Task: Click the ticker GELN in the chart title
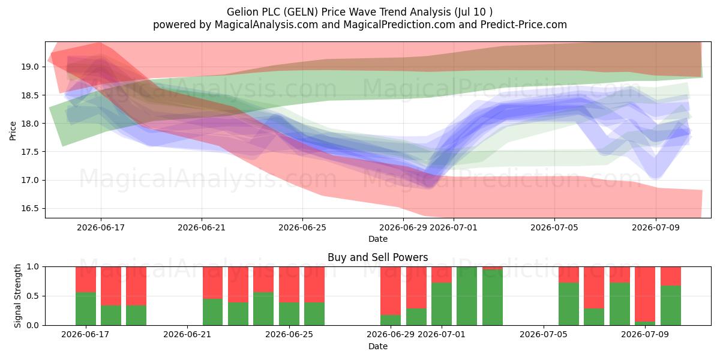click(x=301, y=12)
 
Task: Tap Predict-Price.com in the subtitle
click(x=524, y=25)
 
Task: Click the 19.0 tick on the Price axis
click(x=30, y=67)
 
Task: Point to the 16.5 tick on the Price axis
click(x=30, y=208)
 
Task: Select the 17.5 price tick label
click(x=30, y=152)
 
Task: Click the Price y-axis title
click(x=13, y=131)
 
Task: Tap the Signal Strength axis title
click(x=17, y=296)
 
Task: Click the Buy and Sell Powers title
click(x=377, y=257)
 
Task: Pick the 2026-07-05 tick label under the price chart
click(x=554, y=227)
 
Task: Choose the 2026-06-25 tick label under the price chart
click(x=302, y=227)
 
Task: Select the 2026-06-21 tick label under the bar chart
click(x=187, y=335)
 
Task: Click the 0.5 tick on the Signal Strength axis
click(x=33, y=296)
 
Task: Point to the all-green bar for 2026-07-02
click(x=467, y=296)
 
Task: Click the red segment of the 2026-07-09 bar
click(x=645, y=294)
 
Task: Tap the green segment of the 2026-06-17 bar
click(x=86, y=308)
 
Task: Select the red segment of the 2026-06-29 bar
click(x=391, y=291)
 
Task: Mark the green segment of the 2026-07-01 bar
click(x=442, y=304)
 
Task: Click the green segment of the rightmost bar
click(x=671, y=305)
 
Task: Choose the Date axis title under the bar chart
click(x=377, y=346)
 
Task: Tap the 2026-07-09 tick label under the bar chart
click(x=645, y=335)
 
